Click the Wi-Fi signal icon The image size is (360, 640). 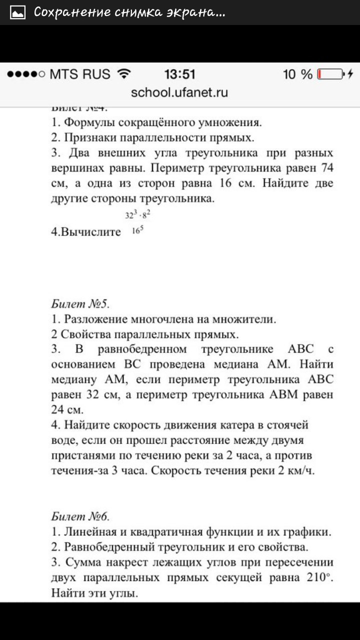[123, 74]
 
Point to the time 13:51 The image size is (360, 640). [180, 74]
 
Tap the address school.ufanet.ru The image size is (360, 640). [179, 92]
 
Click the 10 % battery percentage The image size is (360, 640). [297, 75]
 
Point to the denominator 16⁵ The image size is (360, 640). [138, 231]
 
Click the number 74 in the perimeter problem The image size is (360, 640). [327, 167]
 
